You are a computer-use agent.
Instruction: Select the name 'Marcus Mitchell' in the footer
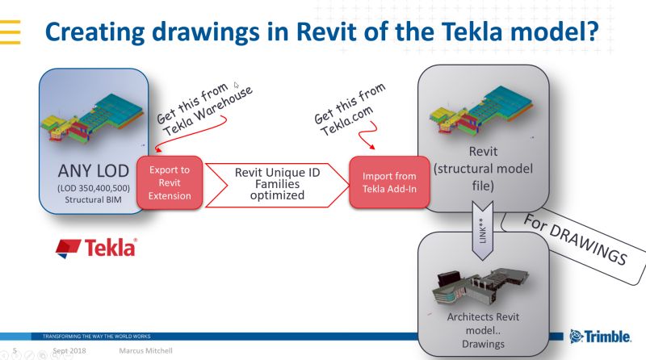(x=145, y=352)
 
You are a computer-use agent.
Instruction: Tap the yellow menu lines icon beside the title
(x=10, y=31)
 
